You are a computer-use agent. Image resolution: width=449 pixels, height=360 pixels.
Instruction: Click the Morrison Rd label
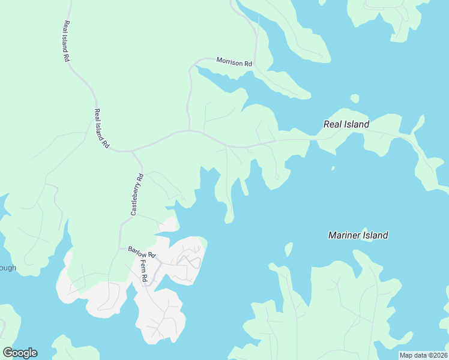click(234, 62)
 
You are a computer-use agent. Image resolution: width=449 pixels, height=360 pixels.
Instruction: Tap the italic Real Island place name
click(346, 125)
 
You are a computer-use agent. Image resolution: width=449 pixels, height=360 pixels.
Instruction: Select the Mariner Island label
click(358, 235)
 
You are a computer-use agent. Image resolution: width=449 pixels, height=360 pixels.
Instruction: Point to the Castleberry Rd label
click(137, 194)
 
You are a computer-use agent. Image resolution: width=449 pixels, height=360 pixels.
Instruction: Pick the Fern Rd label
click(144, 268)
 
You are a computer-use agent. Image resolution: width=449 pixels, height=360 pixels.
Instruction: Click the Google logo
click(20, 353)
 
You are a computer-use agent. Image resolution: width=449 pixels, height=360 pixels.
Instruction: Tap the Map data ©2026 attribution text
click(423, 355)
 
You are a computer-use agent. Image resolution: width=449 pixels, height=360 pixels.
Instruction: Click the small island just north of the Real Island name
click(354, 98)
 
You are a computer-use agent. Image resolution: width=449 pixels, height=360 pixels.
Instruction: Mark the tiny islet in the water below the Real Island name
click(333, 168)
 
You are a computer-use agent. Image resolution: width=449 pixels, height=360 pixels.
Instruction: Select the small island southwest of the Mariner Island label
click(289, 249)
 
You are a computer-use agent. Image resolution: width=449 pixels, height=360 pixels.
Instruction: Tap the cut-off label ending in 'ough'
click(8, 268)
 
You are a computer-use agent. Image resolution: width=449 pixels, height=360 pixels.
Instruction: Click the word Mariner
click(344, 235)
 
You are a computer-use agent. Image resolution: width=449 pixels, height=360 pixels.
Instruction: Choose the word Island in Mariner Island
click(375, 235)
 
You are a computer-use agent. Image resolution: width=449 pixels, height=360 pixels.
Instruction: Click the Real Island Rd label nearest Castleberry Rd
click(101, 128)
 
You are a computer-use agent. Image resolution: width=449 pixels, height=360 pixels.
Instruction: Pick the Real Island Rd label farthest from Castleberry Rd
click(66, 41)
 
